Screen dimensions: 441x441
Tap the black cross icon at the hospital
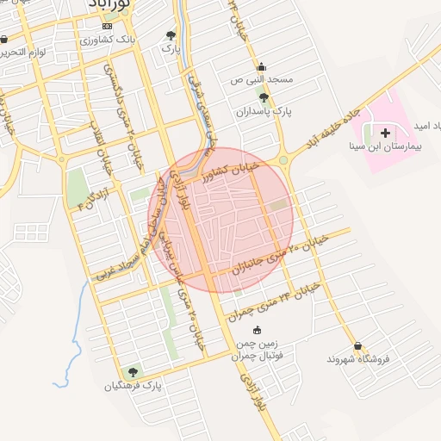(384, 133)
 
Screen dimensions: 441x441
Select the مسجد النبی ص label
(262, 79)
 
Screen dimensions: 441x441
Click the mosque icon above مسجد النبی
(261, 66)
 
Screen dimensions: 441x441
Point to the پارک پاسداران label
(265, 112)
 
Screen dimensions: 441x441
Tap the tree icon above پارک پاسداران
(264, 98)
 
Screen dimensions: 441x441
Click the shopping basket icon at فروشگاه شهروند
(357, 345)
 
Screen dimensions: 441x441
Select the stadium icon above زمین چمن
(257, 330)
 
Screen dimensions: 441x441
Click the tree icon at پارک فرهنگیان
(132, 372)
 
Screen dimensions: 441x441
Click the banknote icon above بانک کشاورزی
(107, 27)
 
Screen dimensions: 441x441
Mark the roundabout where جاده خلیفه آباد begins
(283, 159)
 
